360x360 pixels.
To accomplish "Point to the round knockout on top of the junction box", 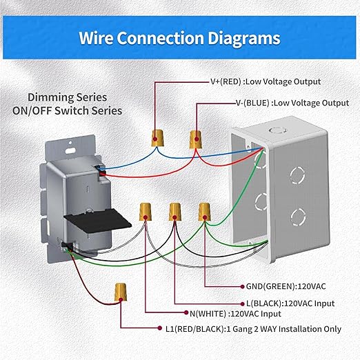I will [276, 128].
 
